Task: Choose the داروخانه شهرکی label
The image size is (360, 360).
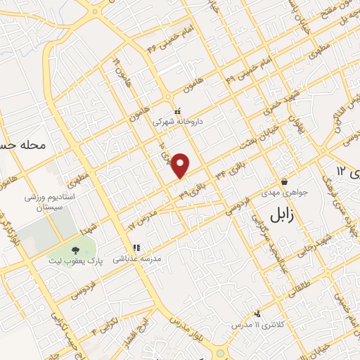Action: (x=179, y=122)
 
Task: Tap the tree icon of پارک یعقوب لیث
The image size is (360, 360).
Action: (x=75, y=250)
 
